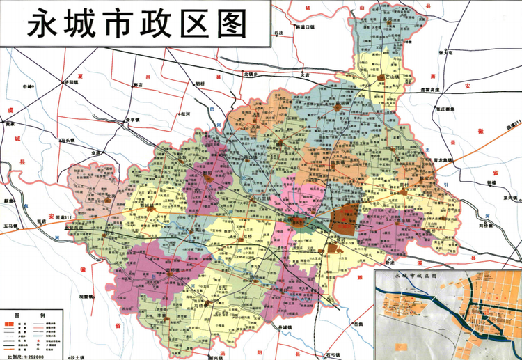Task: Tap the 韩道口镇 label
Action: tap(306, 27)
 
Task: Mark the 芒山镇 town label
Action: tap(386, 76)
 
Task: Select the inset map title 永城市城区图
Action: tap(414, 276)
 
